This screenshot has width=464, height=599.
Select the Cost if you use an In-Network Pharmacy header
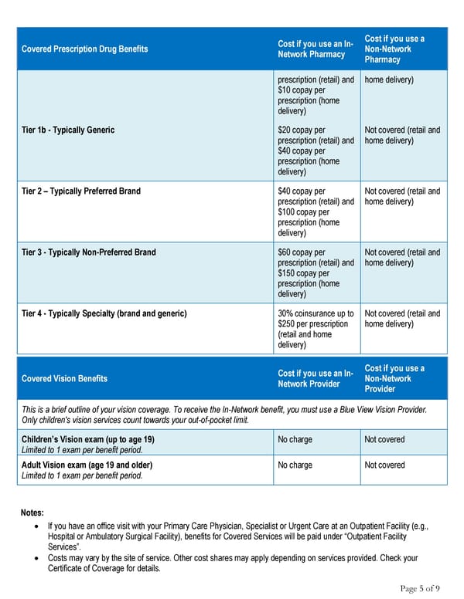316,49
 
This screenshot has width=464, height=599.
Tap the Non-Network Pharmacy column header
394,49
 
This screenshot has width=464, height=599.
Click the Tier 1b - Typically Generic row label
67,130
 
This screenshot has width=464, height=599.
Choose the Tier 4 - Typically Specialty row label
104,313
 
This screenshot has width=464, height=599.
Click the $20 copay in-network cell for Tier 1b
316,151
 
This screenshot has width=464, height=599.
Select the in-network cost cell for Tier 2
316,212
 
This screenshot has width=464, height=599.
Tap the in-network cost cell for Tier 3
316,272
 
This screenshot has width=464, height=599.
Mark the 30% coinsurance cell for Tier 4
316,329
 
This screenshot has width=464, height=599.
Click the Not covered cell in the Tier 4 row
401,319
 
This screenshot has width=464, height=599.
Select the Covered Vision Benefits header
64,379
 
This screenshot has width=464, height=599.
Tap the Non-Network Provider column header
394,379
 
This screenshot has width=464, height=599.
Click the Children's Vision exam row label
87,439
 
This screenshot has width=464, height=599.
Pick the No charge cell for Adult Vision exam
295,465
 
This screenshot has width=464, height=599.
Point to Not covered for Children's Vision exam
384,439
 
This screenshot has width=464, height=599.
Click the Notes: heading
32,513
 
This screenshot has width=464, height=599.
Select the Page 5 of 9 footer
420,588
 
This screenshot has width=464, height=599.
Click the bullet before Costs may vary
39,558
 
